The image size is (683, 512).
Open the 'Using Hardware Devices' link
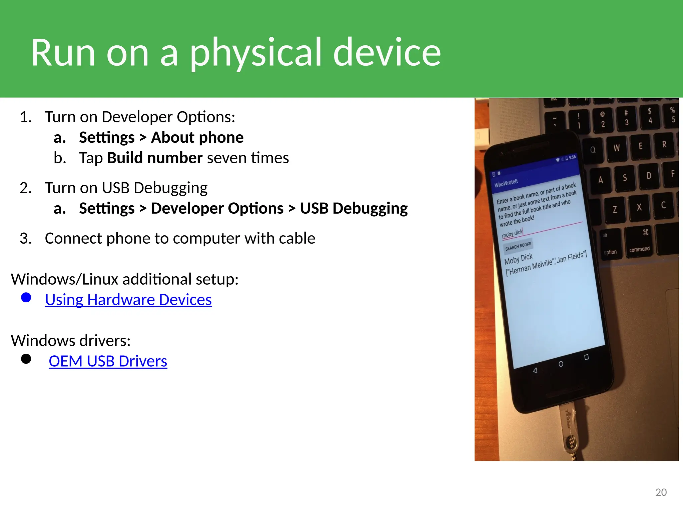tap(128, 300)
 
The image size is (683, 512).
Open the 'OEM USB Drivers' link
tap(108, 361)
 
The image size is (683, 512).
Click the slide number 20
tap(661, 492)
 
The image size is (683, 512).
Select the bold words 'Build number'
tap(155, 158)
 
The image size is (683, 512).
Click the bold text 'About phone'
tap(197, 137)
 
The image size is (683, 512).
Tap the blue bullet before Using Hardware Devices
tap(26, 297)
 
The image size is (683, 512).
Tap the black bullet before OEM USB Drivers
tap(26, 359)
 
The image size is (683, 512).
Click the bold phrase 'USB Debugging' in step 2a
tap(354, 208)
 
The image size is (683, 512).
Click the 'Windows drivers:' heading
tap(71, 341)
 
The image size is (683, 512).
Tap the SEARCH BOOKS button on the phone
tap(518, 246)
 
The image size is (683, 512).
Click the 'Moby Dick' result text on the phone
tap(518, 259)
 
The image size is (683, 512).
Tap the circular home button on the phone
tap(561, 364)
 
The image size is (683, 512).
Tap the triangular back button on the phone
tap(535, 371)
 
